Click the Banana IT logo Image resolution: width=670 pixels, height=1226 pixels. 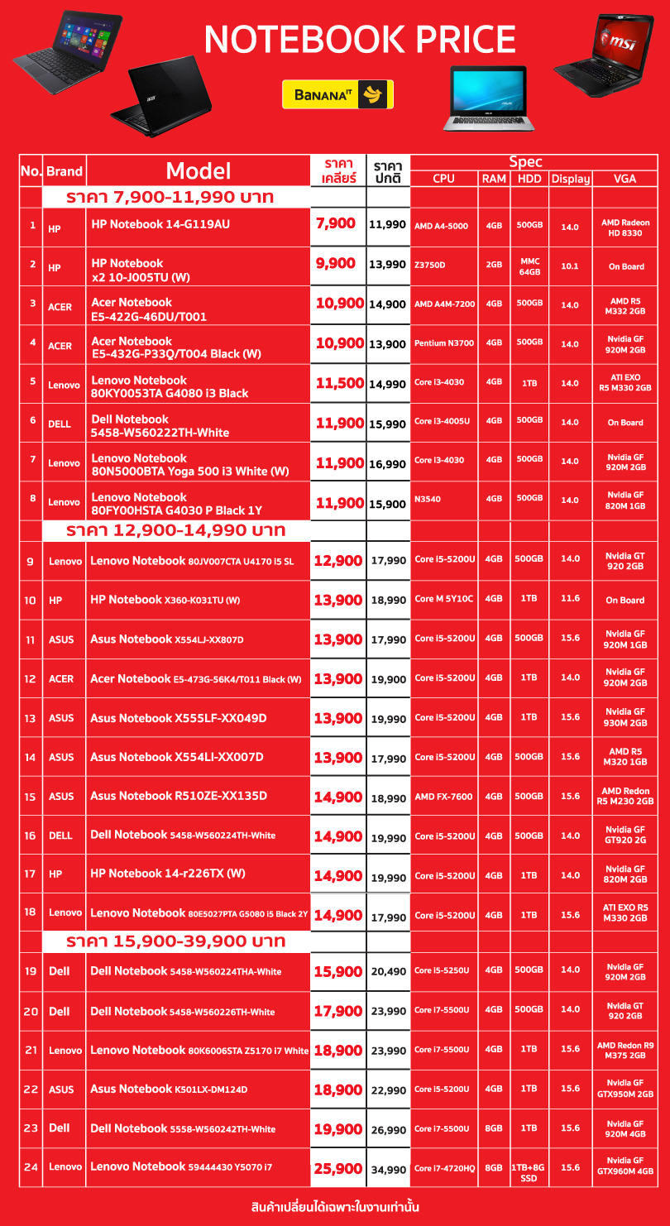click(337, 94)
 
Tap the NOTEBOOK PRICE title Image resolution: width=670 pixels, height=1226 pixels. click(360, 40)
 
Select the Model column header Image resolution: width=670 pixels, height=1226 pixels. click(199, 170)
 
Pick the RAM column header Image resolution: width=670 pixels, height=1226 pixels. click(494, 179)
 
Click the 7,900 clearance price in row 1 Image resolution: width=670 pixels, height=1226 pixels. click(336, 223)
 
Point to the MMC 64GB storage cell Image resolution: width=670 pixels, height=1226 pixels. click(529, 266)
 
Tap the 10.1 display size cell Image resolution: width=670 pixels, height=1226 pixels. click(570, 266)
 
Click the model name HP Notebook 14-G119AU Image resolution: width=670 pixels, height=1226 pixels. click(160, 224)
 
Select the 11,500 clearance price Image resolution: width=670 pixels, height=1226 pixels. click(339, 383)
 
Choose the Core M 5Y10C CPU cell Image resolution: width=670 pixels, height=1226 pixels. click(444, 599)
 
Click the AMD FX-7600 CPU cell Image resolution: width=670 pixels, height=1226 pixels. click(443, 797)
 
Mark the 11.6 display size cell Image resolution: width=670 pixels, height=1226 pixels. click(570, 599)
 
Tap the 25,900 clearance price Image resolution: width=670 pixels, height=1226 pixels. click(338, 1168)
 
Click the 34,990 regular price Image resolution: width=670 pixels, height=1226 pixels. click(388, 1170)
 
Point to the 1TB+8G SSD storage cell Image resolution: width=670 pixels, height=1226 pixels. click(529, 1172)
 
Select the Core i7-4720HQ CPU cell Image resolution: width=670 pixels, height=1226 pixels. click(445, 1168)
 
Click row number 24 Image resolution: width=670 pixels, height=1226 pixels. click(31, 1167)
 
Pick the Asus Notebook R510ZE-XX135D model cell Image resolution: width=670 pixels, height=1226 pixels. click(179, 796)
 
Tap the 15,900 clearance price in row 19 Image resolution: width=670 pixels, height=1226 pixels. click(338, 971)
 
